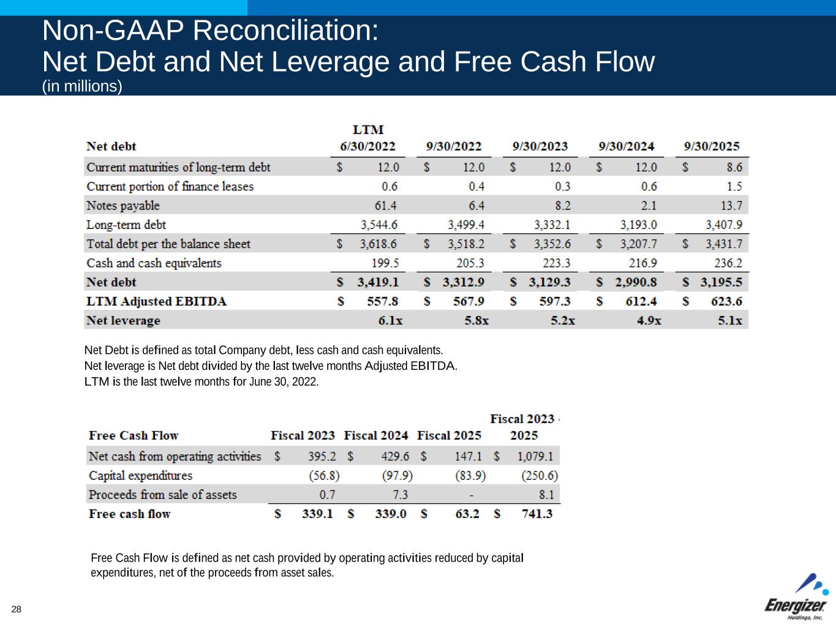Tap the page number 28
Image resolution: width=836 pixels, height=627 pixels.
coord(16,609)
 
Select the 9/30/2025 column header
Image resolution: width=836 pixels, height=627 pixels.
coord(712,146)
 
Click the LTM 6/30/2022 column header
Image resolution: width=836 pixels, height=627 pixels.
coord(368,138)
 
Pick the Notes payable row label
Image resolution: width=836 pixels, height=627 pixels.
coord(123,205)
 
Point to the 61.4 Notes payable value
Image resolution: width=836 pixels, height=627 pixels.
coord(386,205)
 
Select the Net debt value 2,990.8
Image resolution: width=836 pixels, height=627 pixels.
coord(636,282)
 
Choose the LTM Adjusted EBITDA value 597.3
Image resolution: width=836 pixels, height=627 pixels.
coord(554,301)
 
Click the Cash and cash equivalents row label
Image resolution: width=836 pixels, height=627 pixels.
coord(154,263)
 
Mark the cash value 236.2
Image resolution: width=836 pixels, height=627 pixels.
coord(728,263)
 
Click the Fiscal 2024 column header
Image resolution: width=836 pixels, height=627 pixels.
coord(375,435)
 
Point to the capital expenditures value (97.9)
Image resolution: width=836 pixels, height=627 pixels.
coord(397,475)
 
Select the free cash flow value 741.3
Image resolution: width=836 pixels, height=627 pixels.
coord(537,514)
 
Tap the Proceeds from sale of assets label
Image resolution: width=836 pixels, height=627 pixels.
coord(162,494)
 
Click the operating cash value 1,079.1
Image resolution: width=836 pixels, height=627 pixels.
coord(535,456)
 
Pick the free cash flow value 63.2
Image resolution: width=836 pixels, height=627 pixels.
coord(467,514)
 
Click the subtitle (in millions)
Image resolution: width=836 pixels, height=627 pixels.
coord(82,86)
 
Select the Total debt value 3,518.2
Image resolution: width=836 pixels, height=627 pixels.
coord(465,244)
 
